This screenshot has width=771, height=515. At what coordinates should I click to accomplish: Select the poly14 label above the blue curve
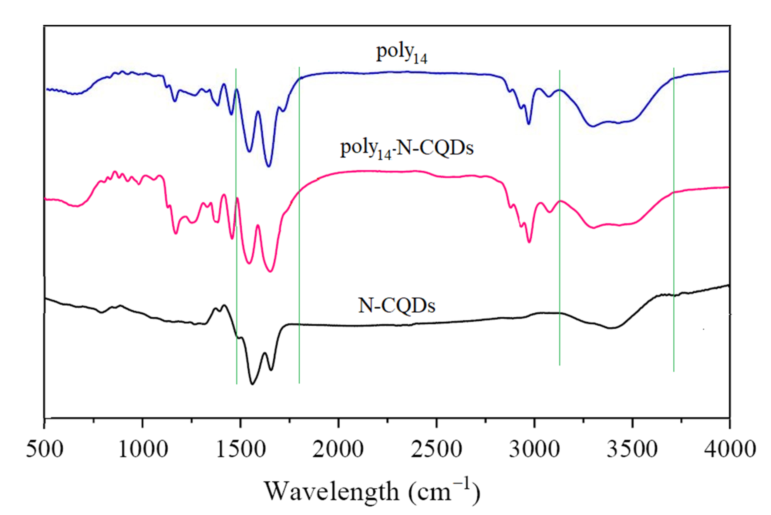pyautogui.click(x=401, y=53)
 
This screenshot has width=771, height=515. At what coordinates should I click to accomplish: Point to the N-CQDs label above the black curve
pyautogui.click(x=397, y=306)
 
